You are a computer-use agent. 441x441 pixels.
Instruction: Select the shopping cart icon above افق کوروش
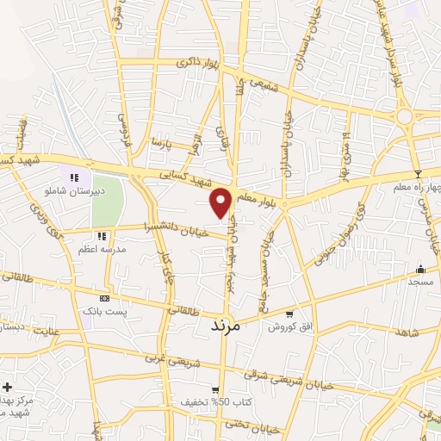click(289, 314)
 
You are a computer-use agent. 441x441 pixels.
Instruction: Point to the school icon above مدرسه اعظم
click(102, 235)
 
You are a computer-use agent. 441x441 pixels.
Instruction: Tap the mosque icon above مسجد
click(420, 269)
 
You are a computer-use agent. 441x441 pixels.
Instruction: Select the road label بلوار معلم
click(258, 196)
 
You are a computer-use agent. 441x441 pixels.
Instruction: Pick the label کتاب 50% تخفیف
click(204, 402)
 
